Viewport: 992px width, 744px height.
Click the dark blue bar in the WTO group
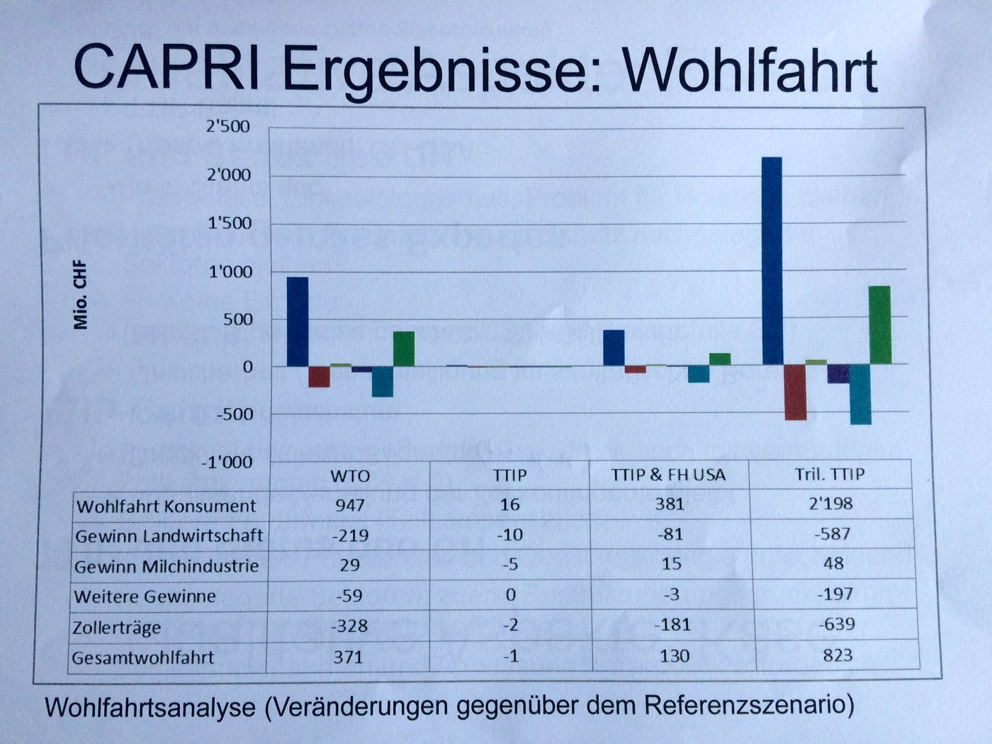click(x=298, y=322)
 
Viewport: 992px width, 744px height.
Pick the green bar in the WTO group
click(x=404, y=349)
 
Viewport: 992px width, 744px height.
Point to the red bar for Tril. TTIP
click(x=795, y=393)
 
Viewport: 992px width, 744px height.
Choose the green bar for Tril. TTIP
click(x=879, y=325)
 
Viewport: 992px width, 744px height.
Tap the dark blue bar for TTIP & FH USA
click(x=614, y=348)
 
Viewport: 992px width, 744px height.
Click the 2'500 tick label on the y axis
click(x=227, y=127)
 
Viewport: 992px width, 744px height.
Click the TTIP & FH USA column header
click(x=668, y=475)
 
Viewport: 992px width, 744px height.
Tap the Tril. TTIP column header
click(x=830, y=473)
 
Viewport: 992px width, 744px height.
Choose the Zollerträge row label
click(x=117, y=627)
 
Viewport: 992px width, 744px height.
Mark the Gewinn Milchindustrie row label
click(x=167, y=566)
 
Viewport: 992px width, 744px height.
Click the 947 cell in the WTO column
click(x=350, y=505)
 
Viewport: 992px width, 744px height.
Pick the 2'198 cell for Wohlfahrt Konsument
click(x=833, y=504)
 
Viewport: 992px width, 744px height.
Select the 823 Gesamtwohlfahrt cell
click(x=837, y=655)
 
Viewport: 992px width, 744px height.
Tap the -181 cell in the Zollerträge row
click(x=670, y=625)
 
